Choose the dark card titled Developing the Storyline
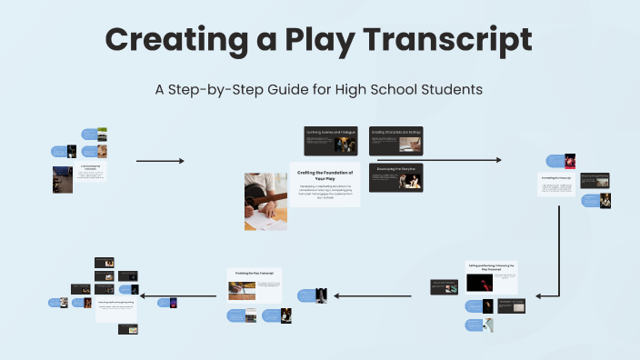pyautogui.click(x=396, y=176)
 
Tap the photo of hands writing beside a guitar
pyautogui.click(x=265, y=201)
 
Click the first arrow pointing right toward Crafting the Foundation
pyautogui.click(x=160, y=161)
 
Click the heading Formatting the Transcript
pyautogui.click(x=555, y=178)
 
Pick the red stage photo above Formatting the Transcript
pyautogui.click(x=569, y=160)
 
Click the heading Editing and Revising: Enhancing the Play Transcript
pyautogui.click(x=491, y=268)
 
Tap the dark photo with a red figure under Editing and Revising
pyautogui.click(x=479, y=284)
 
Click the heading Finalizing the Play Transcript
pyautogui.click(x=255, y=273)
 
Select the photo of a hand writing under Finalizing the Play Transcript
pyautogui.click(x=240, y=290)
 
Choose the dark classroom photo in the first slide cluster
pyautogui.click(x=62, y=178)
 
